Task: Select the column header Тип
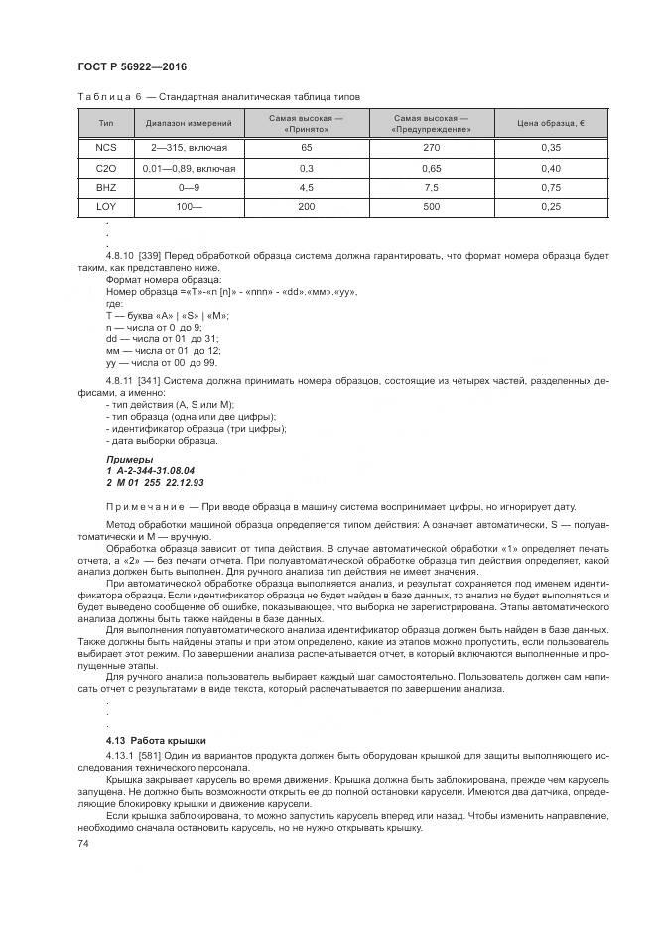(106, 124)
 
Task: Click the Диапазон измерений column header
(189, 124)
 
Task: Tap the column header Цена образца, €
(552, 124)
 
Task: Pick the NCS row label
(106, 147)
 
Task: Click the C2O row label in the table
(106, 168)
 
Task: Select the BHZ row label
(106, 187)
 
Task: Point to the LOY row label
(106, 206)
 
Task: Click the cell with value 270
(431, 147)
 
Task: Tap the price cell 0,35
(552, 147)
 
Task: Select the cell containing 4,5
(306, 187)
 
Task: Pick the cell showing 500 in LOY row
(431, 206)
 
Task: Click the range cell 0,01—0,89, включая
(189, 168)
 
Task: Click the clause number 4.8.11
(122, 381)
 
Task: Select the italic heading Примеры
(127, 460)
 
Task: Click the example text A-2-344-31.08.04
(156, 470)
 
